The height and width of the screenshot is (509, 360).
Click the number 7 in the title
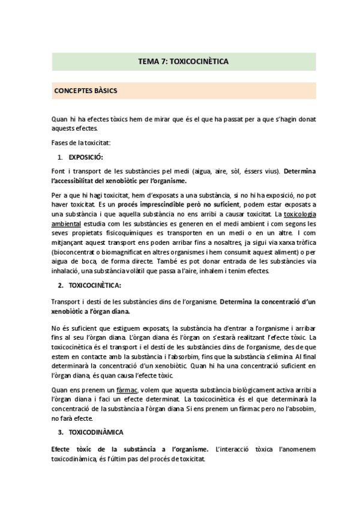[x=164, y=61]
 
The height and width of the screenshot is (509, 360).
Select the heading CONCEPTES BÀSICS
[x=85, y=91]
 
